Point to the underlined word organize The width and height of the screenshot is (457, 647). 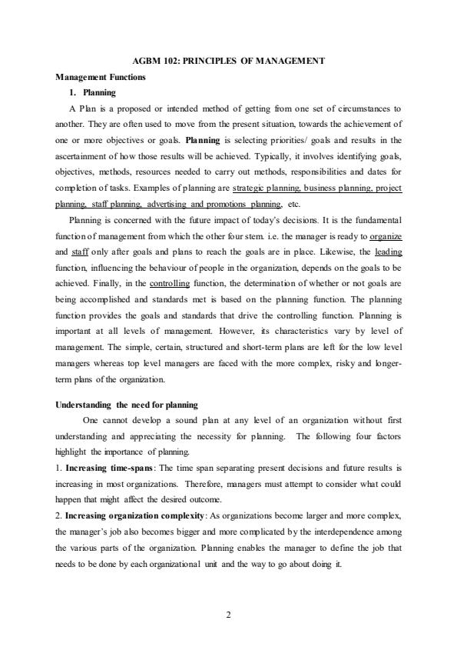click(x=386, y=236)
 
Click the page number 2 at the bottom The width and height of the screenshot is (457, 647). click(x=228, y=615)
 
